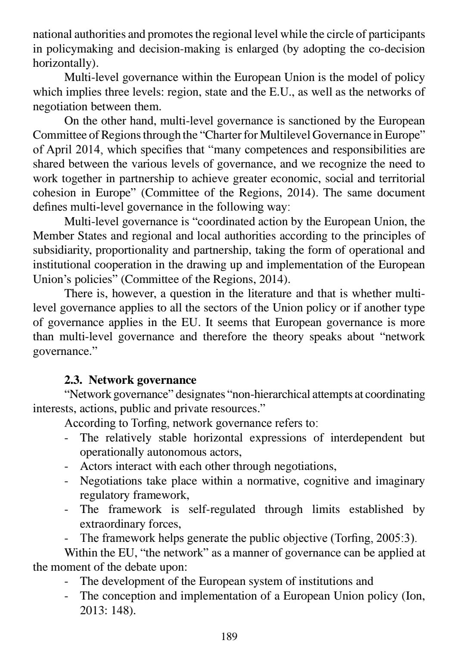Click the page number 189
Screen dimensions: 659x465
(x=229, y=636)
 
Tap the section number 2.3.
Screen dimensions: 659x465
(x=74, y=380)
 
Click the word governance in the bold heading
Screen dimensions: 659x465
(x=170, y=380)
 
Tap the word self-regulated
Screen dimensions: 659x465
(x=222, y=510)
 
